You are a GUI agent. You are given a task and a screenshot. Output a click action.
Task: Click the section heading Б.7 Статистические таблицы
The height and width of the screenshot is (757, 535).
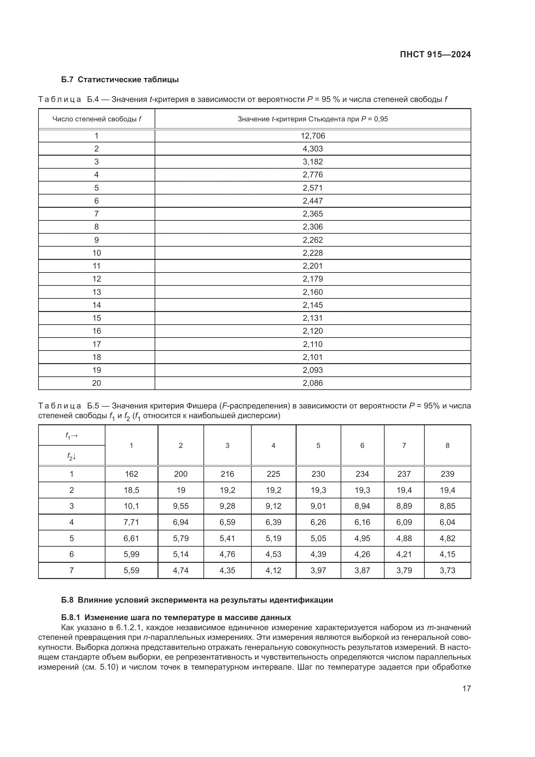tap(120, 80)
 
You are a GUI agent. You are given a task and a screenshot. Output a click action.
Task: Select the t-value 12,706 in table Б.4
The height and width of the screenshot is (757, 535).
tap(313, 136)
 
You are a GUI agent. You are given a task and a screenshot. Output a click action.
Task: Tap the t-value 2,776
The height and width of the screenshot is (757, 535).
tap(313, 175)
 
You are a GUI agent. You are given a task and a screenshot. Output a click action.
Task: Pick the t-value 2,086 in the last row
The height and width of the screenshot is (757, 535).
tap(313, 383)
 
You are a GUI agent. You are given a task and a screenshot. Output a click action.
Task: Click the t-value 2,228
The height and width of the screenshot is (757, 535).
tap(313, 253)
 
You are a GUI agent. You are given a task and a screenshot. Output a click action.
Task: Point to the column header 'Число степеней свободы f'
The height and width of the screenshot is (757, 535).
tap(96, 119)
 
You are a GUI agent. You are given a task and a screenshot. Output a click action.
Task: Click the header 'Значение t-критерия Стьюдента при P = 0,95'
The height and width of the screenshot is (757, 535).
tap(313, 119)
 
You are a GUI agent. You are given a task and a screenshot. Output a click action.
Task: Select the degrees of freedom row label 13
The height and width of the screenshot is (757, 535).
tap(96, 292)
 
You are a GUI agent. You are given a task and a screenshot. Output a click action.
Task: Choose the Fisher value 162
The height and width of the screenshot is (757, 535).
tap(131, 474)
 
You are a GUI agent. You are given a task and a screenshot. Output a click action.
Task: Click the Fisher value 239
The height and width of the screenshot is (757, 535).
tap(447, 474)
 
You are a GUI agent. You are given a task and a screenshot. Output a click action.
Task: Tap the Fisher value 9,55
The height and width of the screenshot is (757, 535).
tap(180, 506)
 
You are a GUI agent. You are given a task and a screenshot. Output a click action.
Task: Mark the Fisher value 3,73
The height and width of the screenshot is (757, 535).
tap(447, 570)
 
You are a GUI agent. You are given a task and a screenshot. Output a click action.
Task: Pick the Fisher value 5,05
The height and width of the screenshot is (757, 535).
tap(318, 539)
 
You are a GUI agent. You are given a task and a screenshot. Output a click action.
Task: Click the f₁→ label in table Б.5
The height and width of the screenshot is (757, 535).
tap(71, 436)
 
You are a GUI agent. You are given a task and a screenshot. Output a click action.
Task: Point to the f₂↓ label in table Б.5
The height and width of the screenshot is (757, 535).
tap(71, 457)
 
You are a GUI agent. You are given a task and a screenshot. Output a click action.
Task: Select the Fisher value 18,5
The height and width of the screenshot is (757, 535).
tap(131, 490)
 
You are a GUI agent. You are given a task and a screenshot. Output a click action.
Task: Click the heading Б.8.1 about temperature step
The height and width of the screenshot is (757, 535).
tap(176, 618)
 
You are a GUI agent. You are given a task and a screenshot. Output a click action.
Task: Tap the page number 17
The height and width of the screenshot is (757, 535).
tap(466, 688)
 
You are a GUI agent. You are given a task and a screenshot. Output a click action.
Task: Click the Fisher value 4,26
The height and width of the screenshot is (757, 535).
tap(362, 554)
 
